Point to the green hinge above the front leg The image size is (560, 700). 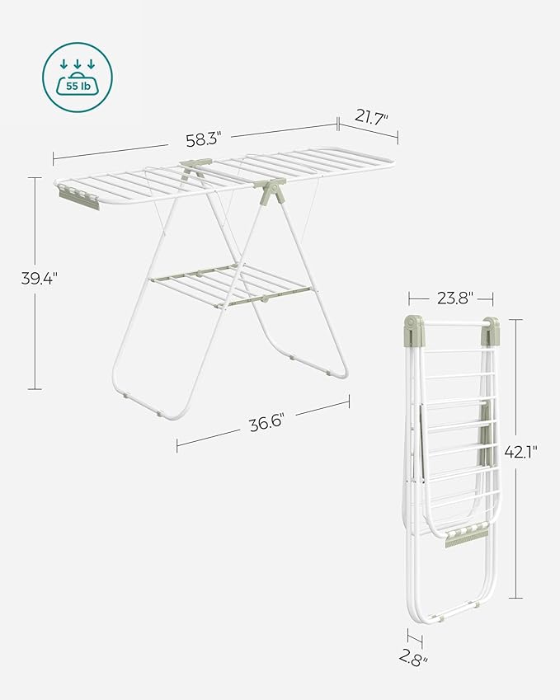pos(270,192)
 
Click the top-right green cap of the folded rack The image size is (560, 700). pos(491,330)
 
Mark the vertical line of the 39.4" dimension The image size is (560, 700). pos(36,330)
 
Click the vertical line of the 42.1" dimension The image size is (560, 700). pos(517,511)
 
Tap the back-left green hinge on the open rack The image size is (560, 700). pos(195,168)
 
